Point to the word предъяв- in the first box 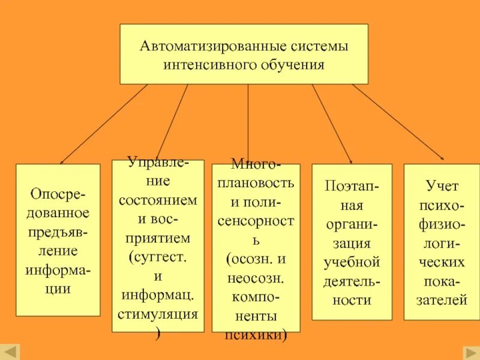(58, 231)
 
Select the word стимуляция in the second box (158, 314)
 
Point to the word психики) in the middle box (256, 336)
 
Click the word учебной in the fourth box (352, 262)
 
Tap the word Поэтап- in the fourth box (352, 185)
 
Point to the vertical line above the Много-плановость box (248, 123)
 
